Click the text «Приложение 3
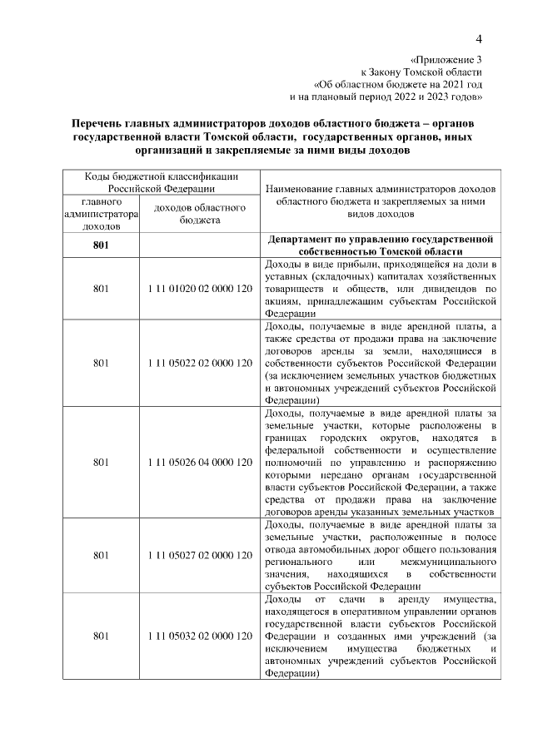pos(446,60)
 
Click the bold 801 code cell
pos(101,245)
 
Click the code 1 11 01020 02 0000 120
pos(198,289)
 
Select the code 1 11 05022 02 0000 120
pos(198,363)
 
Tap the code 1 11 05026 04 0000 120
pos(198,462)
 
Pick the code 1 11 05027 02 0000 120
pos(198,555)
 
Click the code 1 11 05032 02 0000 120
pos(198,637)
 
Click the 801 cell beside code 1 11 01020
pos(101,289)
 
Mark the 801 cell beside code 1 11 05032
pos(101,637)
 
